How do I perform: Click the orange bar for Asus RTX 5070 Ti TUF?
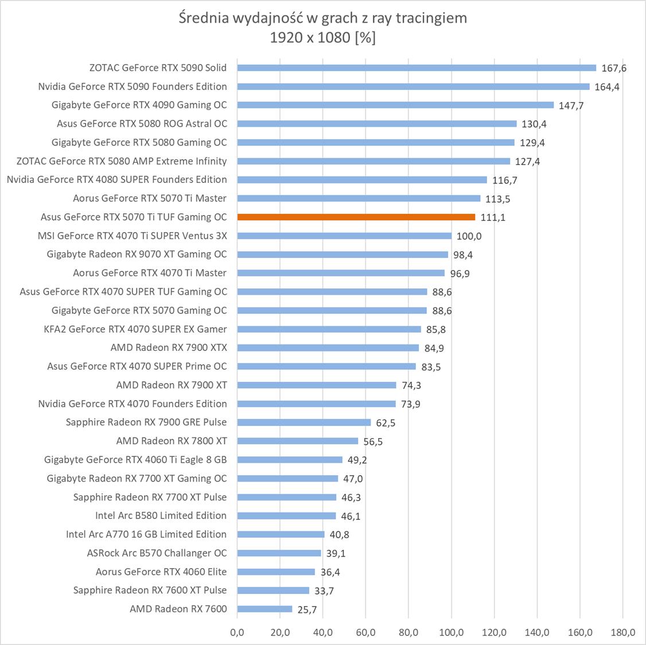coord(356,217)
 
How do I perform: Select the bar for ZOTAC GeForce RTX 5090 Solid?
coord(417,68)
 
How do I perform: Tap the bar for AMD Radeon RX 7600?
coord(264,609)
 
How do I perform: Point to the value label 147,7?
coord(571,105)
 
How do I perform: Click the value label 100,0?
coord(469,236)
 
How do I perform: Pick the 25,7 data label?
coord(307,609)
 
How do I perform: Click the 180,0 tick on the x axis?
coord(623,632)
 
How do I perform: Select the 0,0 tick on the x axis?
coord(237,632)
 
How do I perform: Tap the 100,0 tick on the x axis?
coord(452,632)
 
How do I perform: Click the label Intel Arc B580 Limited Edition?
coord(161,515)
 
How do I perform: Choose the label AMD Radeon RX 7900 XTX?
coord(169,347)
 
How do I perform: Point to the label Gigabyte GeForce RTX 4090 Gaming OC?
coord(139,105)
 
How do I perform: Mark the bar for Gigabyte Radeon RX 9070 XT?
coord(343,255)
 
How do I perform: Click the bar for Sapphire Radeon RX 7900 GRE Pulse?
coord(304,423)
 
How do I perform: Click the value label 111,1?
coord(493,217)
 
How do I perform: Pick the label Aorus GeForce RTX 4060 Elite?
coord(161,572)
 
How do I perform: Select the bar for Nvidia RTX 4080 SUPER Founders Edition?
coord(362,179)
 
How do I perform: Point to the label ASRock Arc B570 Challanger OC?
coord(157,553)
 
